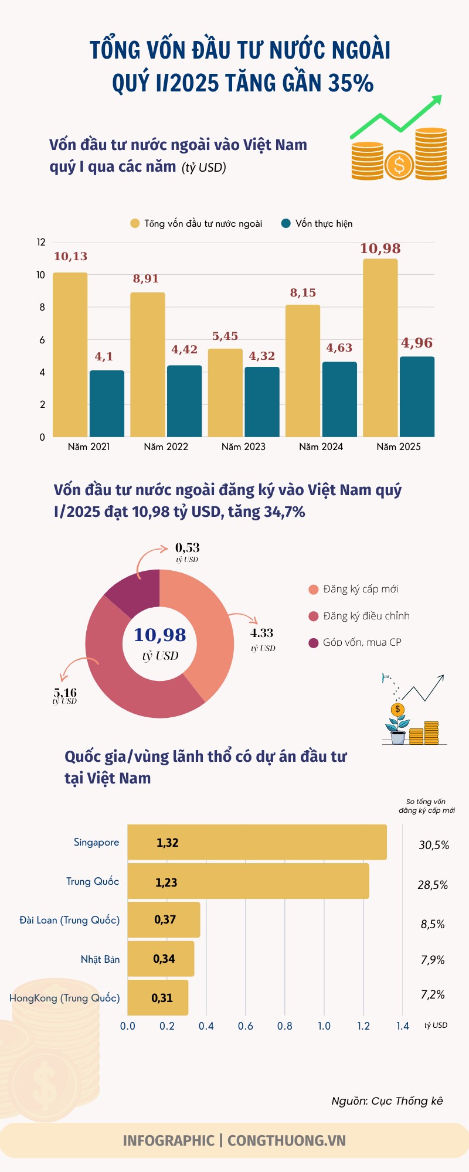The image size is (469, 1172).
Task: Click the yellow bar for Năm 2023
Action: tap(225, 393)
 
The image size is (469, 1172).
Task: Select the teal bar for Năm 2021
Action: tap(107, 404)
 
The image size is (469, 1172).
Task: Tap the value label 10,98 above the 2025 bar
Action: tap(380, 248)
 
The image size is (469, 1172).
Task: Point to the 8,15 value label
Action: tap(303, 292)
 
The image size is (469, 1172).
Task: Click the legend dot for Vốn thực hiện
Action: tap(286, 223)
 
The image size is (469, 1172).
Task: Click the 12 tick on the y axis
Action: tap(41, 242)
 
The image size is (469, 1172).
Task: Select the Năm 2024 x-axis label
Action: tap(321, 447)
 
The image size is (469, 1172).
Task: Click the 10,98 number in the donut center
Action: tap(159, 635)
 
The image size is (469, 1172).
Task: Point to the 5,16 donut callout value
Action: tap(65, 693)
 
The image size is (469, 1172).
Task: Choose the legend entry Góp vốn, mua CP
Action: tap(362, 642)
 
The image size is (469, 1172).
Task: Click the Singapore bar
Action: tap(257, 842)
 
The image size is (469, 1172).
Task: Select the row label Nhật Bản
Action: tap(100, 959)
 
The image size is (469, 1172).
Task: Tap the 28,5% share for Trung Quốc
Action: tap(433, 885)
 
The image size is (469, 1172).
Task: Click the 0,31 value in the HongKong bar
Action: tap(162, 998)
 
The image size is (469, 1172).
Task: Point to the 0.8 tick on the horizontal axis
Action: tap(285, 1026)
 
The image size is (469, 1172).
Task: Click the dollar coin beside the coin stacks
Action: tap(399, 165)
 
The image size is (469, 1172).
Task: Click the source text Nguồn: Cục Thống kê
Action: tap(387, 1101)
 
